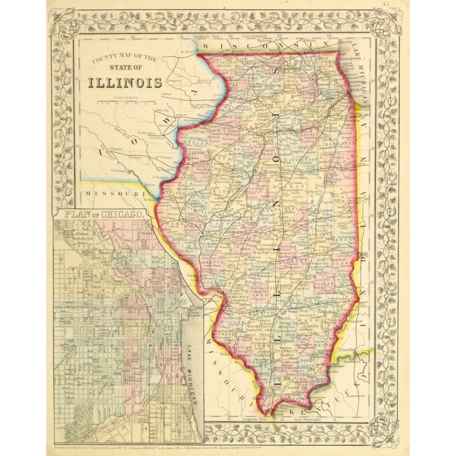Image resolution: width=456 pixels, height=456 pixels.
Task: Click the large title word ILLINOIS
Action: tap(125, 83)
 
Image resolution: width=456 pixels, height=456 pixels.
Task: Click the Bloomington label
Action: tap(292, 190)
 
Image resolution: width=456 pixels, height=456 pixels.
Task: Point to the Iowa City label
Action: tap(162, 111)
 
